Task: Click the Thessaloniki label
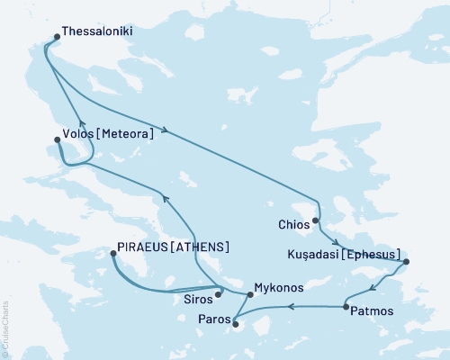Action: coord(101,30)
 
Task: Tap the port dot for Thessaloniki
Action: coord(58,37)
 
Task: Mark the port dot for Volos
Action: coord(58,139)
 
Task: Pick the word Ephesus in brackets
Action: coord(371,255)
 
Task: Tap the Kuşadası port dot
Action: coord(406,262)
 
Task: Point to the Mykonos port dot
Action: coord(250,294)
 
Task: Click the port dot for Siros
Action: coord(219,293)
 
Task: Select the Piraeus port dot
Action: coord(112,254)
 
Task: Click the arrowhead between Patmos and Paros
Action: coord(290,307)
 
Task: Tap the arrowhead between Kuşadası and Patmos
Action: coord(372,289)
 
